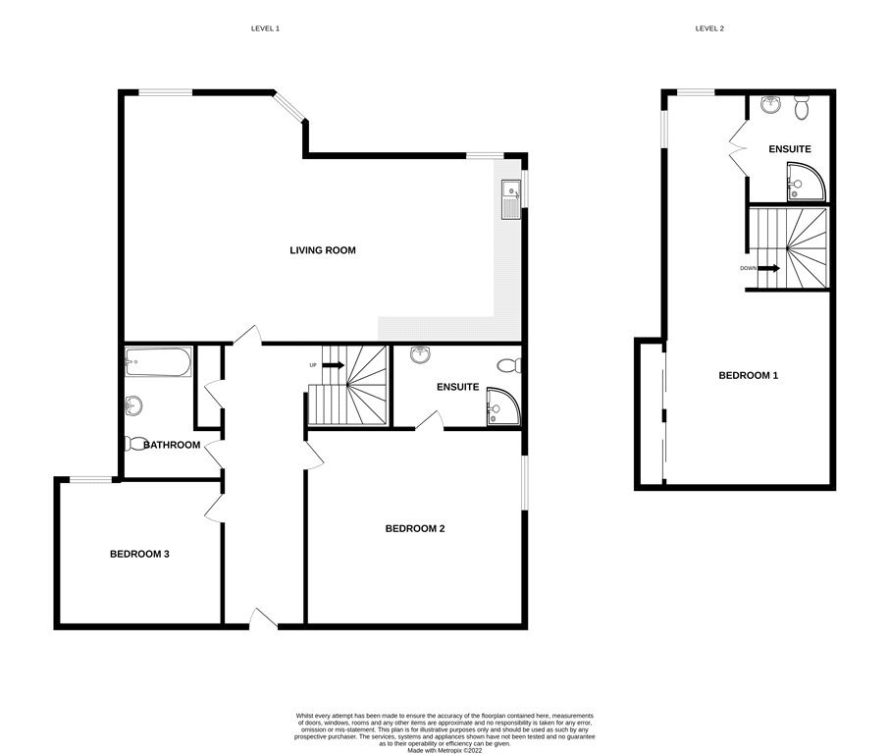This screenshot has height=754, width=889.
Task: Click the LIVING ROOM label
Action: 323,250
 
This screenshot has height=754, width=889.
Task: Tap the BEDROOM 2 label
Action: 415,529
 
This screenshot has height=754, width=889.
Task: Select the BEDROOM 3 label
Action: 139,554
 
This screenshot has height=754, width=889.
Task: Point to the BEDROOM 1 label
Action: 749,376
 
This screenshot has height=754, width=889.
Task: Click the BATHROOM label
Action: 172,445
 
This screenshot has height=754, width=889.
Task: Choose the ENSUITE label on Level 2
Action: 790,149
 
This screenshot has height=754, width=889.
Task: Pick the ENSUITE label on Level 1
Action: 457,387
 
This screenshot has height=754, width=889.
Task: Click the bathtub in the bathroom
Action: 158,361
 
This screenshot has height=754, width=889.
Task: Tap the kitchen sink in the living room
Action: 511,199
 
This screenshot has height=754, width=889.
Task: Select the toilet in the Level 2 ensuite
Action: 802,107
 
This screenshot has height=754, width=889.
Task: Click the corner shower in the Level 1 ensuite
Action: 503,406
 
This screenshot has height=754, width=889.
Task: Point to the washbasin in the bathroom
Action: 133,406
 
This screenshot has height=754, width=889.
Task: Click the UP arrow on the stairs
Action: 334,365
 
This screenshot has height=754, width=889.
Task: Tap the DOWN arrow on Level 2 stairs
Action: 769,268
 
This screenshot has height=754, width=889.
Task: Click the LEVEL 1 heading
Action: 265,28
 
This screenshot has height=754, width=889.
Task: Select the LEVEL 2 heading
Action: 709,28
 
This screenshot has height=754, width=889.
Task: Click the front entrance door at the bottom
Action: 263,619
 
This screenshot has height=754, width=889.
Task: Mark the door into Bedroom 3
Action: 214,508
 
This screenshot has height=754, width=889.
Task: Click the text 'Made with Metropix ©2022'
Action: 444,750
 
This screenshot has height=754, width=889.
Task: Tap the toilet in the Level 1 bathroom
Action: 134,443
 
